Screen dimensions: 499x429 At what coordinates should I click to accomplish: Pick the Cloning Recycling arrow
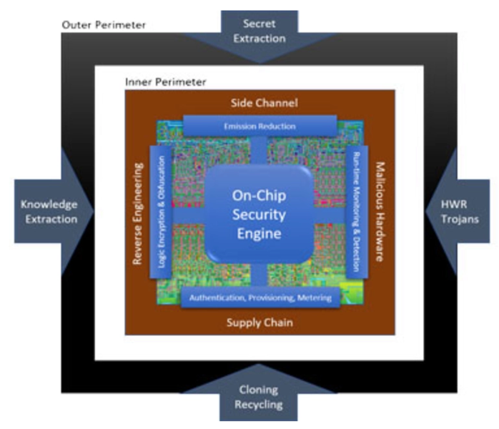tap(259, 395)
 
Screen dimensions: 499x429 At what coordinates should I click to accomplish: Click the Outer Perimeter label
tap(104, 25)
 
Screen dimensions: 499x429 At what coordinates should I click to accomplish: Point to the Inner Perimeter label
tap(165, 82)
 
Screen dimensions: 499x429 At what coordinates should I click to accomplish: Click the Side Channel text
tap(265, 103)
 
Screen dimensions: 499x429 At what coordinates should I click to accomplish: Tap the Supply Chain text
tap(260, 322)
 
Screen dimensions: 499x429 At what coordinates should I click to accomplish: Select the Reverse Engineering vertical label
tap(138, 214)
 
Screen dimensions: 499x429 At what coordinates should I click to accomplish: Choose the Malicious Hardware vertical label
tap(380, 212)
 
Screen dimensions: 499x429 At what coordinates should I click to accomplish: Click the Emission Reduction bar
tap(260, 126)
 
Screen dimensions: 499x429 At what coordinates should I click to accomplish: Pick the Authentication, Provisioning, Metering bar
tap(261, 297)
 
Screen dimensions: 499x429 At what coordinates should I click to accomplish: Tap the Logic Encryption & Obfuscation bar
tap(161, 212)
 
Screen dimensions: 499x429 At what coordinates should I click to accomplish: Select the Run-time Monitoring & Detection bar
tap(357, 212)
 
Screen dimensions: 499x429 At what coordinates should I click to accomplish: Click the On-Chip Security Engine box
tap(259, 214)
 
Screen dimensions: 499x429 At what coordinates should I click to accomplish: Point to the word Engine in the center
tap(259, 234)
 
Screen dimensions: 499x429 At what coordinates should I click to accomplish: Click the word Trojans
tap(460, 220)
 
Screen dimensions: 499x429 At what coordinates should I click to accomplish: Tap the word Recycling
tap(259, 405)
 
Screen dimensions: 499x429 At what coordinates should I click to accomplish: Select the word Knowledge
tap(49, 204)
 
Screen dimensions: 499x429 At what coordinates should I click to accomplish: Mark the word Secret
tap(260, 24)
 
